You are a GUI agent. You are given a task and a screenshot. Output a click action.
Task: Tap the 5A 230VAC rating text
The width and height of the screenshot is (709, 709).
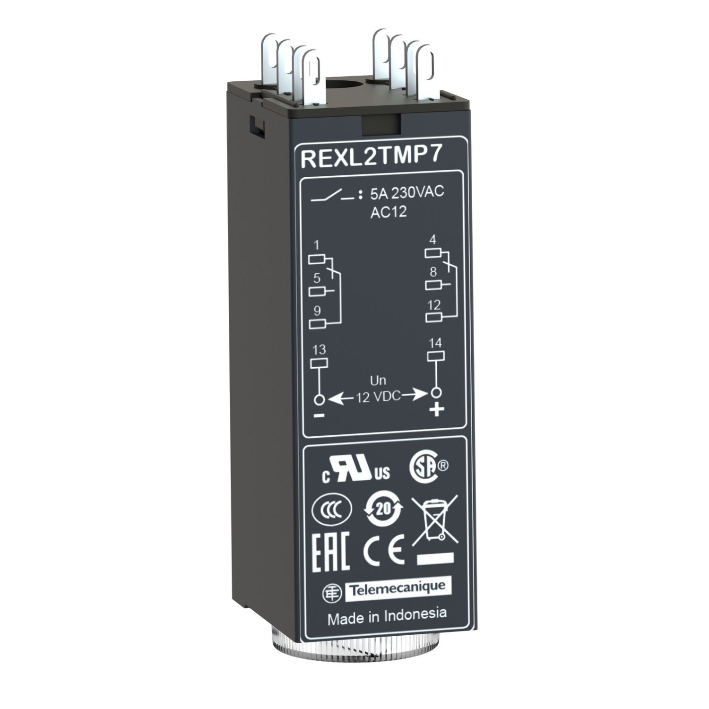(407, 193)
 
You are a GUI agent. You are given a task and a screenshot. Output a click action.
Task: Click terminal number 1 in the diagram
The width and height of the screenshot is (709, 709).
(317, 245)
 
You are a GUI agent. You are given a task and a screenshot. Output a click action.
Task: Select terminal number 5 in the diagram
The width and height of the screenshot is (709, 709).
(317, 278)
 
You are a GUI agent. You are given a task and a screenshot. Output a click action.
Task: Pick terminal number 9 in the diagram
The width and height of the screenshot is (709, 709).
(317, 311)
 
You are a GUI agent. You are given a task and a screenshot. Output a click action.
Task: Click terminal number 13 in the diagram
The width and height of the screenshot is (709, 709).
(319, 349)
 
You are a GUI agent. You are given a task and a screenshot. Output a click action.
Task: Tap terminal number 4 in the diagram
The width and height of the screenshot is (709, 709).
(432, 239)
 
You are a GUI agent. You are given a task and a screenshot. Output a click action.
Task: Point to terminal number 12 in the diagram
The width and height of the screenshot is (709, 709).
(434, 305)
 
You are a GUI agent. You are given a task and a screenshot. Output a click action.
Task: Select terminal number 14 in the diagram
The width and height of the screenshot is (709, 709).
(435, 343)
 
